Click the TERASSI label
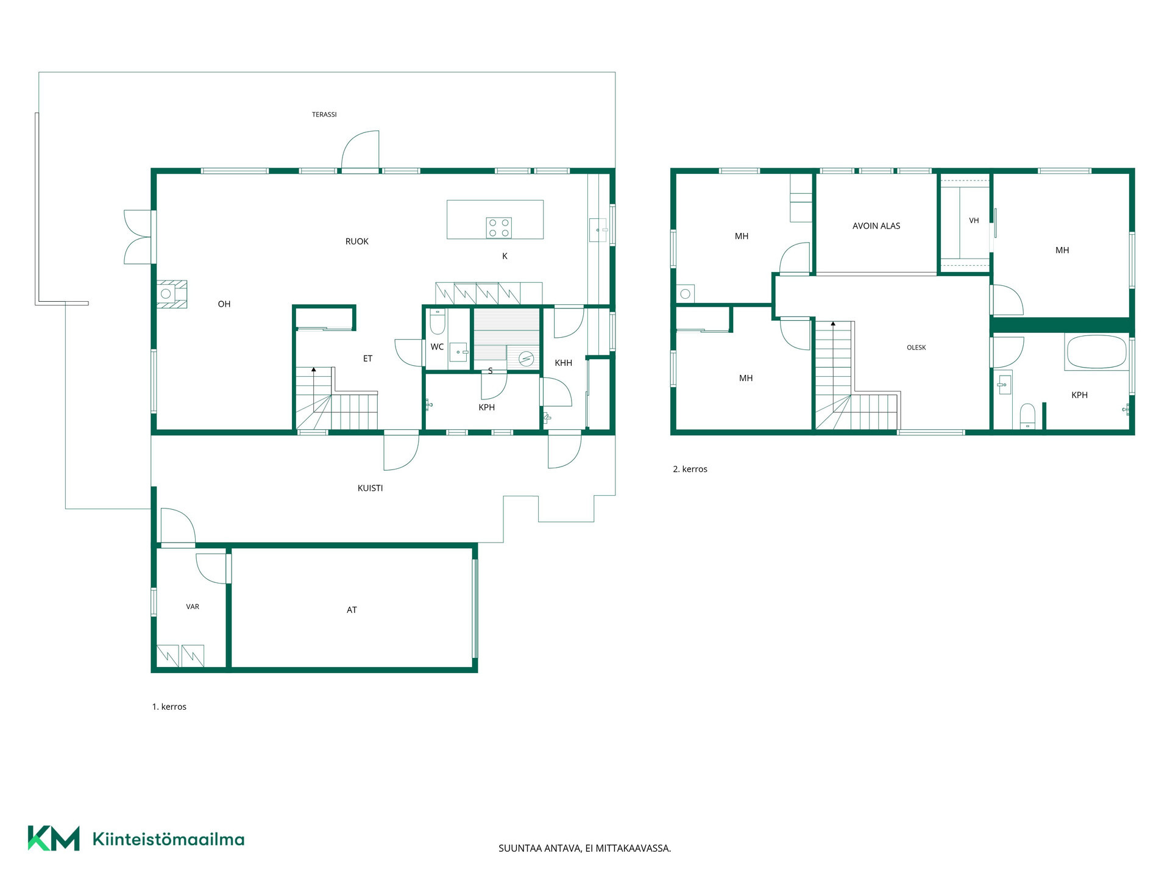[324, 115]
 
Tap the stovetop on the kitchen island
[498, 228]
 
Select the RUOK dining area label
[357, 241]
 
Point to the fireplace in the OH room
[171, 294]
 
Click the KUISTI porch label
[370, 488]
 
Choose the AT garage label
[352, 610]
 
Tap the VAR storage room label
[193, 607]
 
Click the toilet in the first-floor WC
[438, 322]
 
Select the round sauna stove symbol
[526, 360]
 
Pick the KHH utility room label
[564, 363]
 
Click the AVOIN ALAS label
[876, 226]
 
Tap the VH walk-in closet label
[974, 221]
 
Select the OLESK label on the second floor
[916, 348]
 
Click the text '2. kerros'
[690, 469]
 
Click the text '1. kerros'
[169, 707]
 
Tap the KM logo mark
[54, 838]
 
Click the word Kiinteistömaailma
[168, 839]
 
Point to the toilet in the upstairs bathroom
[1027, 416]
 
